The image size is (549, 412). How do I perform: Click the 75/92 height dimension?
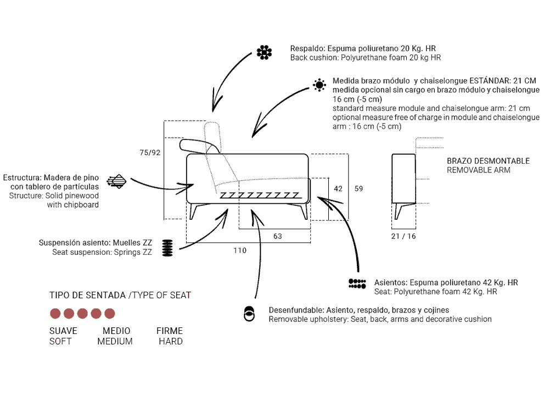tap(150, 153)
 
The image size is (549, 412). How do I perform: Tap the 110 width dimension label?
tap(240, 250)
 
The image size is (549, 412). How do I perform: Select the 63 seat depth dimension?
tap(277, 236)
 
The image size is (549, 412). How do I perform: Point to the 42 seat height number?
tap(338, 189)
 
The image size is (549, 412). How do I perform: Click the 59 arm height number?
tap(358, 189)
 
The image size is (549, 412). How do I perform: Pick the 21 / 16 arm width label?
tap(404, 236)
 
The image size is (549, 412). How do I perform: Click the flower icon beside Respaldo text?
tap(265, 52)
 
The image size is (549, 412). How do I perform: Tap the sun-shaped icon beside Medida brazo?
tap(319, 85)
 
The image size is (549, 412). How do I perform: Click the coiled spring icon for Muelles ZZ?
tap(167, 248)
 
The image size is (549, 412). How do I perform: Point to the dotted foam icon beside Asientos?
tap(357, 283)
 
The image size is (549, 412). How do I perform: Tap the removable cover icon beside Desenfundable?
tap(249, 314)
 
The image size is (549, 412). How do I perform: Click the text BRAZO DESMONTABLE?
tap(488, 161)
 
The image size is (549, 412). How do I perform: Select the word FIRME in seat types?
tap(170, 331)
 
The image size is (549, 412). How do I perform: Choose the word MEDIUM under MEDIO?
tap(115, 342)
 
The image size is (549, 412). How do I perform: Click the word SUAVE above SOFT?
tap(63, 331)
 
